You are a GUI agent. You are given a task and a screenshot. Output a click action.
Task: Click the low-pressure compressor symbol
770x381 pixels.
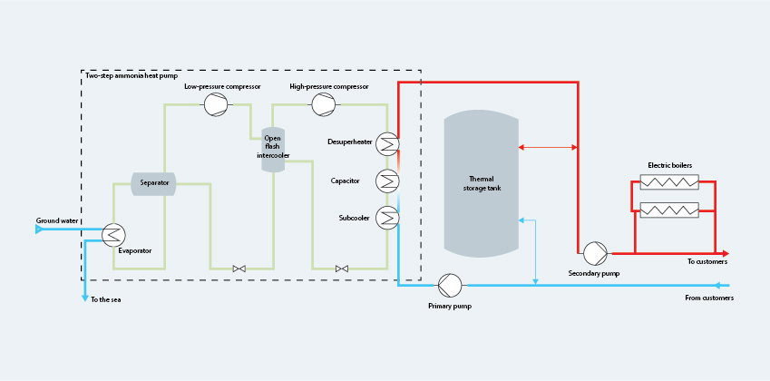coord(216,105)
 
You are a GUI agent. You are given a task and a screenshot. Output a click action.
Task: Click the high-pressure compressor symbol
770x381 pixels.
coord(323,105)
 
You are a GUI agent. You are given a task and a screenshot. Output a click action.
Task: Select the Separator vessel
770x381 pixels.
coord(154,183)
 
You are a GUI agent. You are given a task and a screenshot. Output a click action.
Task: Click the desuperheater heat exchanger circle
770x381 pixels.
coord(387,143)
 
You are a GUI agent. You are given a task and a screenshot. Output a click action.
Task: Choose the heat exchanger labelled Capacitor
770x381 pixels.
coord(387,180)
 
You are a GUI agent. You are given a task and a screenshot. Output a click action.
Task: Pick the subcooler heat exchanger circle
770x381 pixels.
coord(387,217)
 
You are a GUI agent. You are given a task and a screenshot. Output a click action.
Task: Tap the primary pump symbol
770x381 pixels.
coord(450,286)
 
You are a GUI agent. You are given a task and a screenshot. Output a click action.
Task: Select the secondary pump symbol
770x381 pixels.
coord(595,252)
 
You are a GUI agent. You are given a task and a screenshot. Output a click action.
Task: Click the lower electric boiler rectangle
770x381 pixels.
coord(669,210)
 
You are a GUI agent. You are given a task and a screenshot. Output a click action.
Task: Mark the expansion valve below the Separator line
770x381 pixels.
coord(239,269)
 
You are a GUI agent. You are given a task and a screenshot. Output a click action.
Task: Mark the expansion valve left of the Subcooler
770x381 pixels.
coord(342,269)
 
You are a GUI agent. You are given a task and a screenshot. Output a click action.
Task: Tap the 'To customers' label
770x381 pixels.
coord(707,261)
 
